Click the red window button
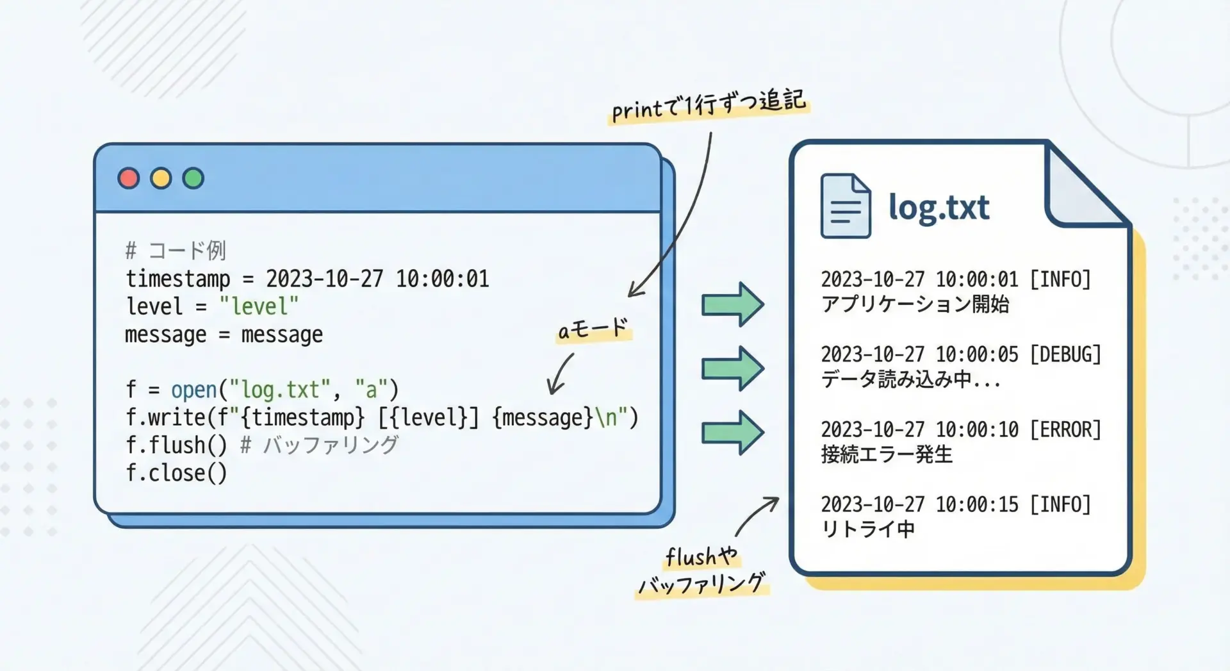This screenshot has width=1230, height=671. (x=129, y=178)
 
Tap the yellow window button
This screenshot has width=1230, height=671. (x=161, y=178)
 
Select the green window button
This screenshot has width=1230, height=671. (x=193, y=178)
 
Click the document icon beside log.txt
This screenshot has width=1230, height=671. (x=845, y=206)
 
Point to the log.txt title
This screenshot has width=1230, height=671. (x=939, y=208)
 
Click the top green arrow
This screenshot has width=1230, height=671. (x=733, y=304)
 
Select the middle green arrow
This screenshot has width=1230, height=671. (x=733, y=369)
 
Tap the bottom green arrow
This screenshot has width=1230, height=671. (x=733, y=433)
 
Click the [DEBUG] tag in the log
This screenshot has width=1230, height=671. (x=1065, y=354)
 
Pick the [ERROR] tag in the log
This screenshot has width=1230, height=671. (x=1065, y=429)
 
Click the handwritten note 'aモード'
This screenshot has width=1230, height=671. (x=593, y=329)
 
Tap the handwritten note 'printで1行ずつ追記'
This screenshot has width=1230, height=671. (x=708, y=104)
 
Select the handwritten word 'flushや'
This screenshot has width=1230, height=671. (x=701, y=556)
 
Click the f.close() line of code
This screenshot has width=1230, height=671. (x=176, y=473)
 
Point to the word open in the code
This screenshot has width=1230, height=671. (x=193, y=390)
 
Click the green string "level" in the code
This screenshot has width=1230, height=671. (x=259, y=306)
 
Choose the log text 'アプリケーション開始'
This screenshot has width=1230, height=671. (x=915, y=304)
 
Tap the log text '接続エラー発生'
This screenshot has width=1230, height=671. (x=887, y=454)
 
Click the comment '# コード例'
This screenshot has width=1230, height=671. (x=176, y=250)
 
